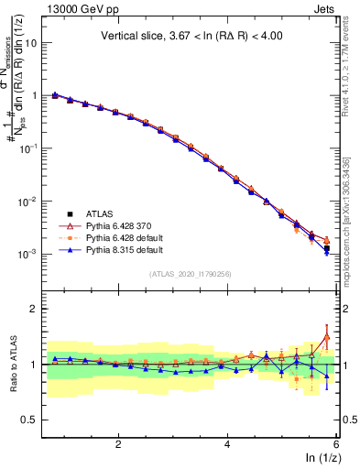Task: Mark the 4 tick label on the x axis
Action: [227, 443]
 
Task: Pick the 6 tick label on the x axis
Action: [336, 443]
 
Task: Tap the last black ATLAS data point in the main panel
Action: [327, 248]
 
